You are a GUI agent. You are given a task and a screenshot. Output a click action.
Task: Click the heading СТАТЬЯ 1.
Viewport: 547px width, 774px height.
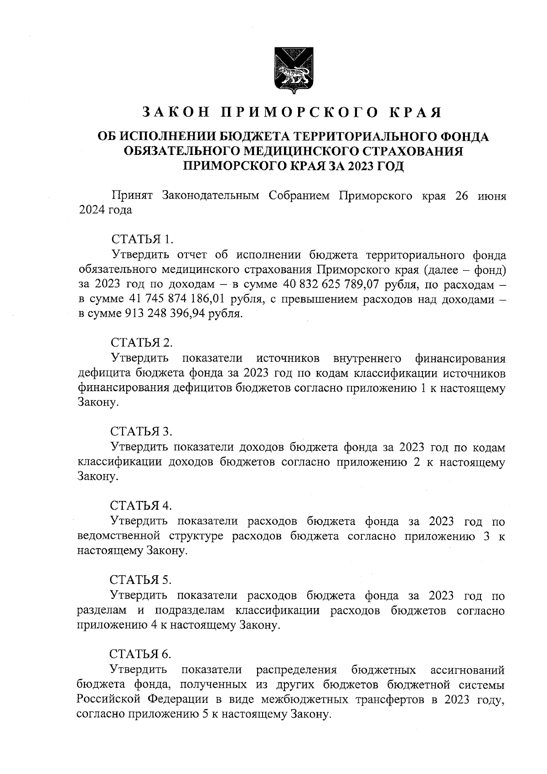(x=142, y=239)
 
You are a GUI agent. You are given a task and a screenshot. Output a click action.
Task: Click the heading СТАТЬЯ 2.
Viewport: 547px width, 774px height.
(x=142, y=343)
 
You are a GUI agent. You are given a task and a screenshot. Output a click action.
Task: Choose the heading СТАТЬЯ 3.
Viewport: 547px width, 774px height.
(x=142, y=431)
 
